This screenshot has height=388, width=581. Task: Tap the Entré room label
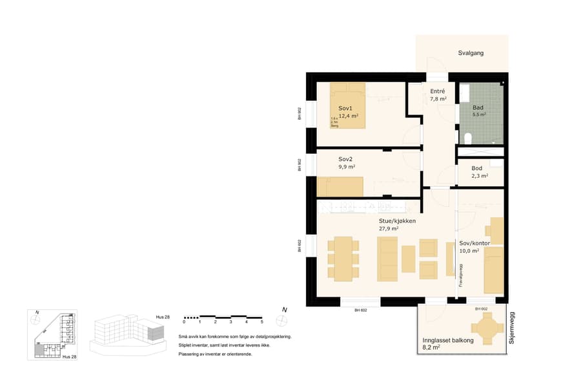(x=438, y=91)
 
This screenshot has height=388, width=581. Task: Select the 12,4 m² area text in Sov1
(x=348, y=116)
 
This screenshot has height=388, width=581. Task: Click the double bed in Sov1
(x=348, y=105)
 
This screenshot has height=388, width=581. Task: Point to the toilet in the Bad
(x=469, y=137)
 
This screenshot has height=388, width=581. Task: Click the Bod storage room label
(x=476, y=167)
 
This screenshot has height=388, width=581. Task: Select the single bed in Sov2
(x=340, y=186)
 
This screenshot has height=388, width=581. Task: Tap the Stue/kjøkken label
(x=397, y=221)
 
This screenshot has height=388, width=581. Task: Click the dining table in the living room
(x=343, y=259)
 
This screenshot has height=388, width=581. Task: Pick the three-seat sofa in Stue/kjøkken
(x=387, y=259)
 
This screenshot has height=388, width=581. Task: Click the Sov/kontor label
(x=474, y=243)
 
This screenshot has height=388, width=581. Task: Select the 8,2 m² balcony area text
(x=431, y=347)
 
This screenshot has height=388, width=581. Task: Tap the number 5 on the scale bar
(x=261, y=321)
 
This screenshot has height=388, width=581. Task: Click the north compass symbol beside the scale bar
(x=281, y=319)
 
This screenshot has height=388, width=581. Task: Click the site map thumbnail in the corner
(x=55, y=335)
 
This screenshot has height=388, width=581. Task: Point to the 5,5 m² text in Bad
(x=479, y=114)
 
